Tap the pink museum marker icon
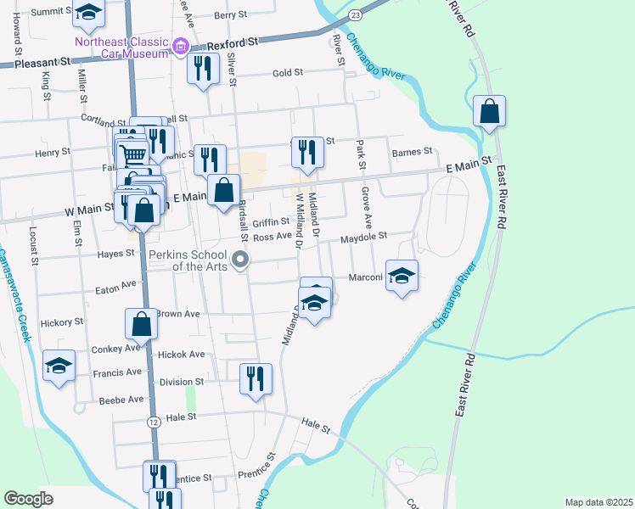coord(180,46)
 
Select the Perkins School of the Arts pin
coord(241,260)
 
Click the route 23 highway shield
coord(355,15)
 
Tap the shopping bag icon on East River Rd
coord(490,112)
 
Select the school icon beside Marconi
coord(402,276)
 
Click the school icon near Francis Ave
coord(59,366)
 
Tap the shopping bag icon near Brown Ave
coord(142,324)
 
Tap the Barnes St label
coord(413,153)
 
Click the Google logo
coord(28,498)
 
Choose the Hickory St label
coord(62,322)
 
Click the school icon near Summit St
coord(88,13)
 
